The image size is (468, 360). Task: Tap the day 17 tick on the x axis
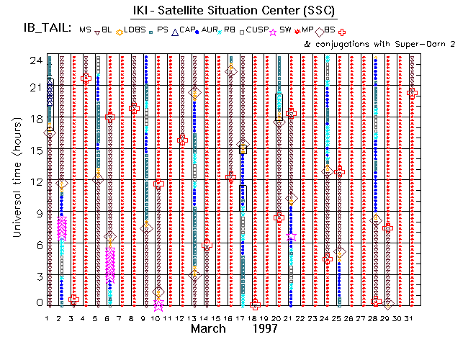pos(243,318)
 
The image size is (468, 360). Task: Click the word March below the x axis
pos(211,329)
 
